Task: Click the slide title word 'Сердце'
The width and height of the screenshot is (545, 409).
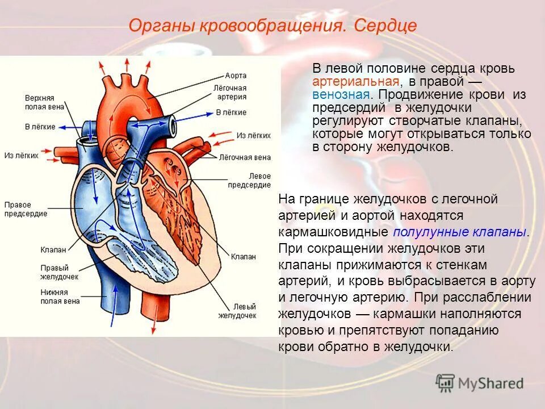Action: pos(385,26)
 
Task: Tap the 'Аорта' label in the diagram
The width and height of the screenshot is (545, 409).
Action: pos(236,75)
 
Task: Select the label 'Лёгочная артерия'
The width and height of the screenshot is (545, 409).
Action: pos(230,93)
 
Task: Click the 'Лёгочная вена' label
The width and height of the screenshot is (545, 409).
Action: pos(238,156)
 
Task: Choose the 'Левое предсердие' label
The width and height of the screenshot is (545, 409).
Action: pos(241,181)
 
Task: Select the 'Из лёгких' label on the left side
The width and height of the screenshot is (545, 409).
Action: pos(22,155)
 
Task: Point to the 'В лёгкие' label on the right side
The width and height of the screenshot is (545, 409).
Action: pos(232,112)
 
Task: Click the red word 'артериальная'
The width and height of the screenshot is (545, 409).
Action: pos(349,82)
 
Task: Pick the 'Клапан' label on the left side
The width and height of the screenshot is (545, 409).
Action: pos(53,249)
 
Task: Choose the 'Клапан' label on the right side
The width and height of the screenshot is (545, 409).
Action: pos(243,257)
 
